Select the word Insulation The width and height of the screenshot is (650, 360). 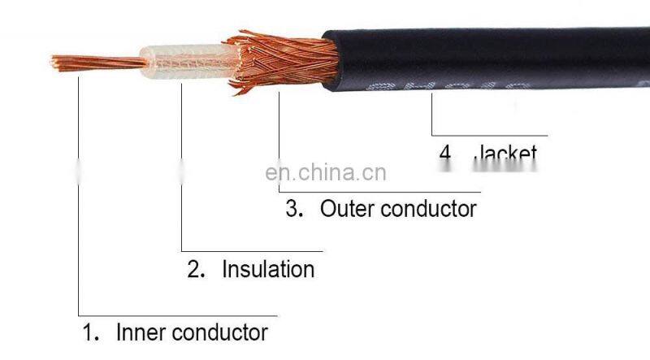[x=268, y=269]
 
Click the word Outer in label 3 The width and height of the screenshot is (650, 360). [x=347, y=208]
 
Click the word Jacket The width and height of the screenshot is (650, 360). [x=505, y=153]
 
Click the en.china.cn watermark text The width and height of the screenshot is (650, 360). [x=327, y=172]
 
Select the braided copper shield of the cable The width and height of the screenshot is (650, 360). [x=280, y=61]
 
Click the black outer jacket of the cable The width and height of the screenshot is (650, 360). [x=487, y=57]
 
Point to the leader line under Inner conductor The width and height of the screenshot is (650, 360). [x=179, y=315]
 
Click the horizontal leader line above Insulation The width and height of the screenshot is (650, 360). [x=252, y=251]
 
